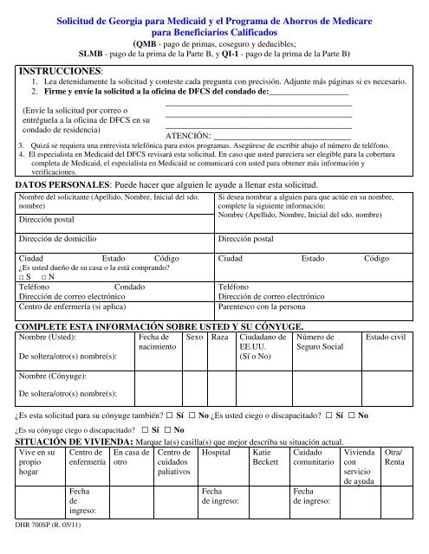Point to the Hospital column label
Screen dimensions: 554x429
[217, 453]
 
